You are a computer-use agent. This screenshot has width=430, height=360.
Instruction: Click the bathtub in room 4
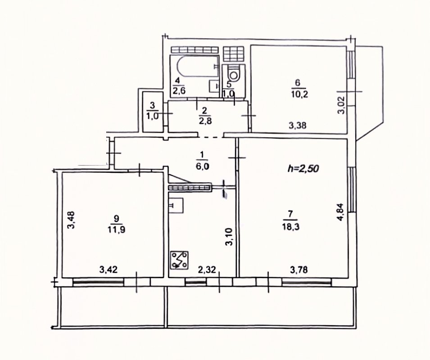(x=198, y=68)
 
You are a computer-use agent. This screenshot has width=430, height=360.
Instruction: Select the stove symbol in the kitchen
(x=179, y=260)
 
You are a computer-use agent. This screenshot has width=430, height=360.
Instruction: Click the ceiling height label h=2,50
(x=303, y=168)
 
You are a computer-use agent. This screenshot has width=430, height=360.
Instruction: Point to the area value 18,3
(x=291, y=227)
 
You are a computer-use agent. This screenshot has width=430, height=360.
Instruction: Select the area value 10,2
(x=300, y=94)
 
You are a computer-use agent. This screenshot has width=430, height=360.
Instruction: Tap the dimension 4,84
(x=341, y=211)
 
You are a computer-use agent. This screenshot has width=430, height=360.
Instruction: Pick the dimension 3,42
(x=109, y=270)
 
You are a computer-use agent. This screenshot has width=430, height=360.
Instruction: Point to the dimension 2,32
(x=207, y=270)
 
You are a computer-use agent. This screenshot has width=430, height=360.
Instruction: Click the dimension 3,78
(x=299, y=270)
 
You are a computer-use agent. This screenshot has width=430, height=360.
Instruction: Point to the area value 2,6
(x=178, y=91)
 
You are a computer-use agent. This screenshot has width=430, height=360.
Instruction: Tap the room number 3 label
(x=153, y=105)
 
